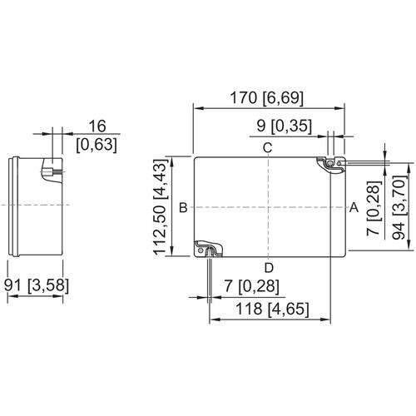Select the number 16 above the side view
point(97,126)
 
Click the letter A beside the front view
point(354,207)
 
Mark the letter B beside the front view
point(183,207)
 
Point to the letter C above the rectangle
point(268,148)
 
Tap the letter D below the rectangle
point(269,268)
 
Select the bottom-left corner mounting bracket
point(209,250)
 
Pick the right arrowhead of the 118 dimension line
point(325,319)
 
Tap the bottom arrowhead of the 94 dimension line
point(409,245)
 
